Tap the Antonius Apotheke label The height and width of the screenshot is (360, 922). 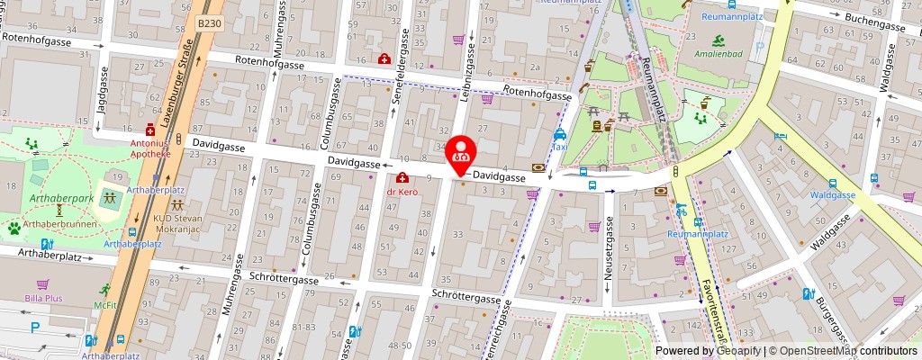pos(149,148)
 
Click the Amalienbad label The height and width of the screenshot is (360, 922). pos(719,55)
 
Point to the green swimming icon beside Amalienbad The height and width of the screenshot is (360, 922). pos(719,40)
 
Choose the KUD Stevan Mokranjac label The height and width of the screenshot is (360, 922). pos(177,223)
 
